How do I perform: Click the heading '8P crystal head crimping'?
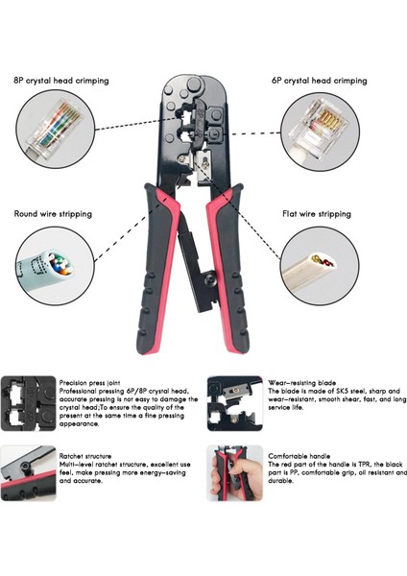click(60, 81)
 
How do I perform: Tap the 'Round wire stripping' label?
click(53, 213)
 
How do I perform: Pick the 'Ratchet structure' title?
click(85, 456)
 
